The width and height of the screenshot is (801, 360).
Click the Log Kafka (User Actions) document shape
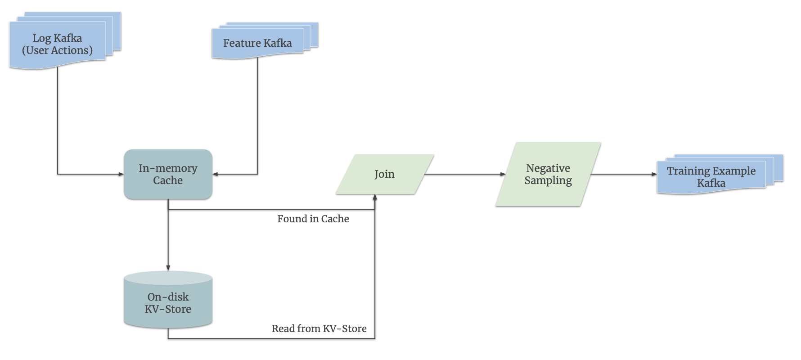point(65,40)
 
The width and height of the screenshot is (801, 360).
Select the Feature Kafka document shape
point(265,40)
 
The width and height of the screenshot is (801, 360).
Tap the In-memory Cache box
point(168,174)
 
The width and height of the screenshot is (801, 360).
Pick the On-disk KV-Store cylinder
point(168,299)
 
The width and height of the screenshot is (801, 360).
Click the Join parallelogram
point(385,174)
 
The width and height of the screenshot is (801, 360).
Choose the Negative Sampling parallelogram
point(548,174)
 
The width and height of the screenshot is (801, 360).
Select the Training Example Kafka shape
point(720,174)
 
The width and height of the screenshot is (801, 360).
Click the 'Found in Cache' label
point(313,219)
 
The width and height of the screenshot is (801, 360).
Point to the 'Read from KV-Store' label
point(319,328)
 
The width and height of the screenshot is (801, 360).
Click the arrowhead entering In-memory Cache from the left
point(121,174)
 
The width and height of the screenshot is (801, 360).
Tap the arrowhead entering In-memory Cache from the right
point(215,174)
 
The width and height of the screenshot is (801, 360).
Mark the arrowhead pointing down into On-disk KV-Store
point(168,268)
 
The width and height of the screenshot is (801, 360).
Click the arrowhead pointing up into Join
point(375,197)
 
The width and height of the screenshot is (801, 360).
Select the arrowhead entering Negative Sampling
point(503,174)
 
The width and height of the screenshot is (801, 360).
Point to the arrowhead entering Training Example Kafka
point(654,174)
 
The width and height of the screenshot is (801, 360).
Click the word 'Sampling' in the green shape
point(548,180)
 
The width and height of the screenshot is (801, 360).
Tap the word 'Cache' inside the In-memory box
point(168,180)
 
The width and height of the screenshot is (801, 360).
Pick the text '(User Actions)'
point(57,50)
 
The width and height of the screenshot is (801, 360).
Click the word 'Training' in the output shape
point(688,171)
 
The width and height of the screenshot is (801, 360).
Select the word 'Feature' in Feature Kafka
point(242,43)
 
